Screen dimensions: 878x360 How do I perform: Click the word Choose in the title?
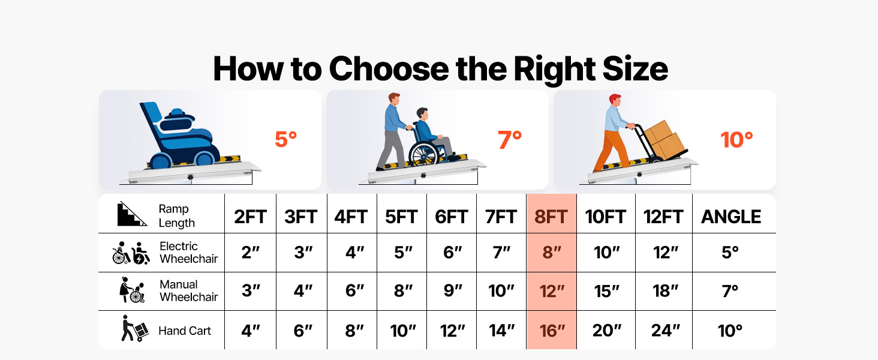pyautogui.click(x=389, y=69)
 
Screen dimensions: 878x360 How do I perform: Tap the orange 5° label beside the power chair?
pyautogui.click(x=285, y=140)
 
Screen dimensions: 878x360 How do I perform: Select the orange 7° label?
pyautogui.click(x=510, y=140)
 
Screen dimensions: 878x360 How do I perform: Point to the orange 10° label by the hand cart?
pyautogui.click(x=736, y=140)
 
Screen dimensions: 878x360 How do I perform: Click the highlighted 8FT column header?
pyautogui.click(x=551, y=217)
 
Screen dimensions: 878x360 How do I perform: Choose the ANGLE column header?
pyautogui.click(x=731, y=217)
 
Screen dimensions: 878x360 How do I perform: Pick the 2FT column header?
pyautogui.click(x=250, y=217)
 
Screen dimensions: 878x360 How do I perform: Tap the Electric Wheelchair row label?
pyautogui.click(x=188, y=253)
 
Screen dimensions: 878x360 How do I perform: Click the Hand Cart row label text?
pyautogui.click(x=185, y=331)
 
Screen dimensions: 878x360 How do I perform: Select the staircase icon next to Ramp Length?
pyautogui.click(x=132, y=214)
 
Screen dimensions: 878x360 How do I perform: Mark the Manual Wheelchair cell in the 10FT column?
pyautogui.click(x=606, y=292)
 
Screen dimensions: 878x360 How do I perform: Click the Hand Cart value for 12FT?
pyautogui.click(x=665, y=331)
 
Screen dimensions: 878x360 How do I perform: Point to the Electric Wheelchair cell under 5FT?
pyautogui.click(x=402, y=253)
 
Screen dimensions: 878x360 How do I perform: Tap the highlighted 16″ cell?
pyautogui.click(x=552, y=331)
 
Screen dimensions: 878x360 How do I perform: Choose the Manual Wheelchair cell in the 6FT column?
pyautogui.click(x=453, y=291)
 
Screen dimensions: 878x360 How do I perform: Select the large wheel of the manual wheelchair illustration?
pyautogui.click(x=423, y=154)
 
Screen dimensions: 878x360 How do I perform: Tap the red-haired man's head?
pyautogui.click(x=615, y=100)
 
